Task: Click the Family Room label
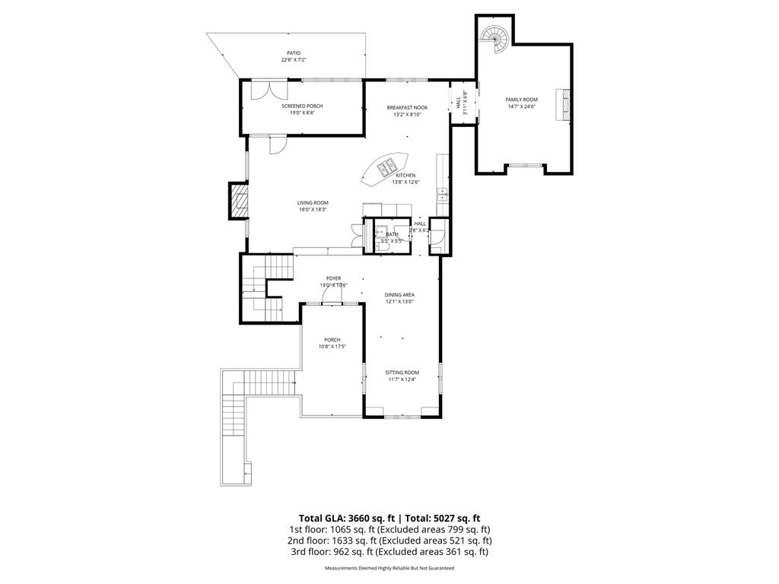522,100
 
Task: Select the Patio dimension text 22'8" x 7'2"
294,59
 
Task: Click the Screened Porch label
302,106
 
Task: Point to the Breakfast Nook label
407,108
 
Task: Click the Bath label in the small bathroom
392,234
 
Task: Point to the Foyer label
333,279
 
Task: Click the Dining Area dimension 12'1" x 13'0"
399,302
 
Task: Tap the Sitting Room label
402,373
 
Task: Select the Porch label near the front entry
332,340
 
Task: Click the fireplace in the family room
563,104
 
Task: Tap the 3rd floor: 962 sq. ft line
389,552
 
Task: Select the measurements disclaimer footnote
389,568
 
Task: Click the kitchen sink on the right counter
441,195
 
